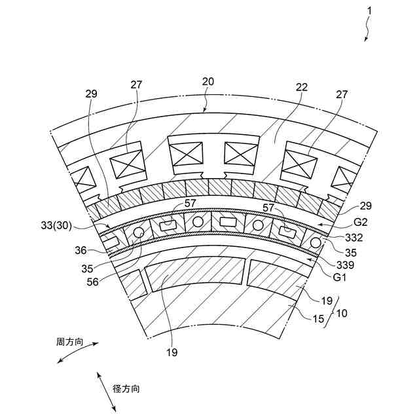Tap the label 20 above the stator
click(208, 81)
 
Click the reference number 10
click(341, 313)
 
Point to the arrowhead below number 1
click(366, 40)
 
